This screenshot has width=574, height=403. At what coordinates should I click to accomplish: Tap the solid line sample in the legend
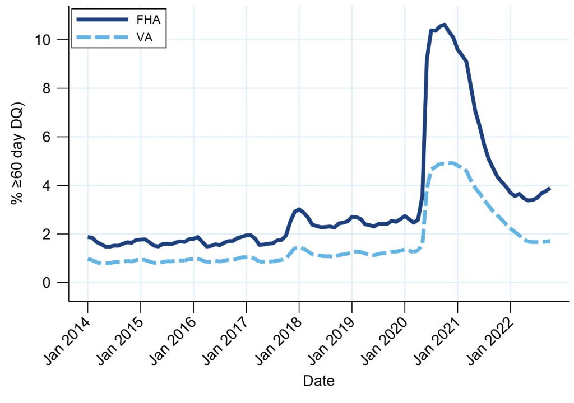[x=103, y=20]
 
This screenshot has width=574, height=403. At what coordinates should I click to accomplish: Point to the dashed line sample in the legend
[x=103, y=37]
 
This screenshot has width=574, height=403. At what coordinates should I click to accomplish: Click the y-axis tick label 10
[x=49, y=40]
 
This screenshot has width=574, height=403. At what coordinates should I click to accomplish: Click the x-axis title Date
[x=318, y=382]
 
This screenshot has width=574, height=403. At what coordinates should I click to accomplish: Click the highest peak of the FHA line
[x=444, y=25]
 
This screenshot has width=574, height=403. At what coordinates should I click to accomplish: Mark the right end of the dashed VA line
[x=550, y=241]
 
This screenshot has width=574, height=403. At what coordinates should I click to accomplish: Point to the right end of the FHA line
[x=550, y=189]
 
